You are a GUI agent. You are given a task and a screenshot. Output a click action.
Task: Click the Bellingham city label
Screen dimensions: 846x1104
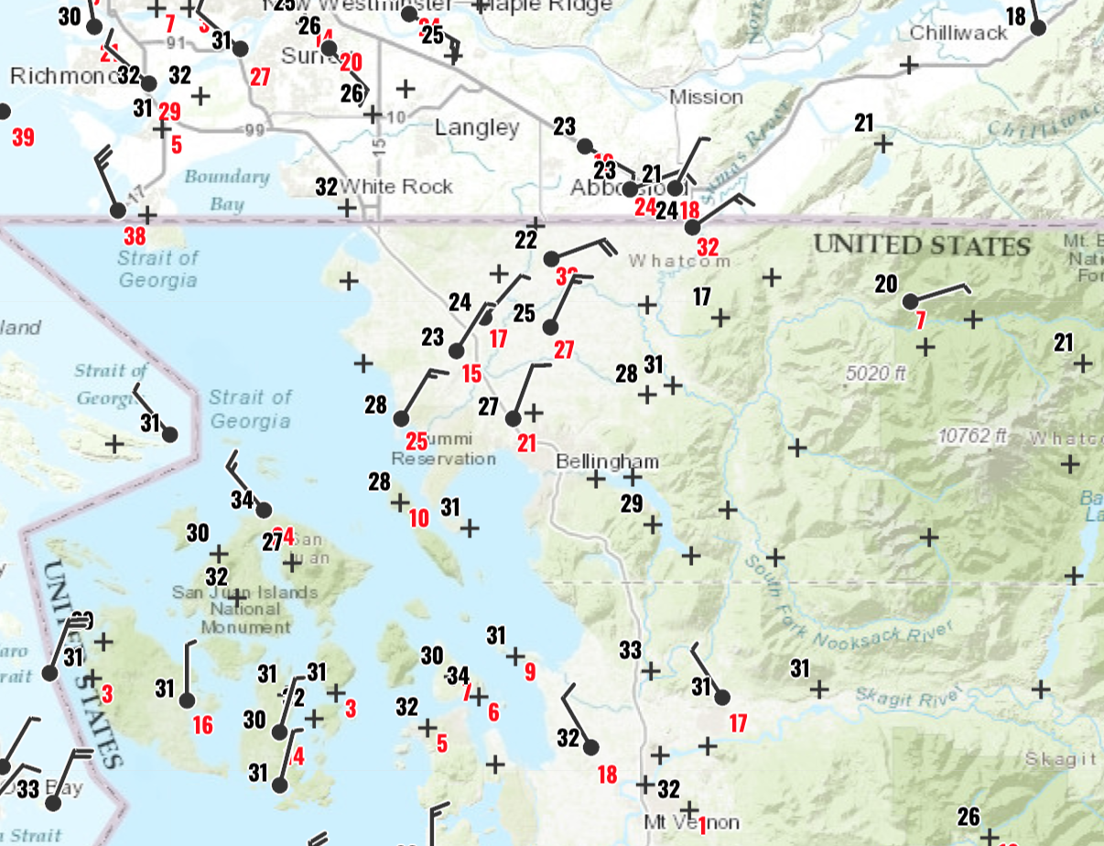pyautogui.click(x=607, y=461)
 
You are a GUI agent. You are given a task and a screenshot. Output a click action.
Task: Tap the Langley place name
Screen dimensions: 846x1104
pyautogui.click(x=477, y=127)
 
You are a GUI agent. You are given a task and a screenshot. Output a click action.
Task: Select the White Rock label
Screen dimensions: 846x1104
pyautogui.click(x=396, y=187)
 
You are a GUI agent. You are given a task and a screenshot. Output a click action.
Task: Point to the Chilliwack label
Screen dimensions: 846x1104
pyautogui.click(x=958, y=33)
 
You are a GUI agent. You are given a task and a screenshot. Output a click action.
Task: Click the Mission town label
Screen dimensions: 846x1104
pyautogui.click(x=706, y=97)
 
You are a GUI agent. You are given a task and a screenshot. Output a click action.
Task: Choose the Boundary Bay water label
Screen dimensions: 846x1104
pyautogui.click(x=226, y=190)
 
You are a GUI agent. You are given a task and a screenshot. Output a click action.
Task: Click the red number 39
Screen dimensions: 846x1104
pyautogui.click(x=23, y=138)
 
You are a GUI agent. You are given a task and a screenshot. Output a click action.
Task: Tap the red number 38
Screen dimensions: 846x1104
pyautogui.click(x=135, y=235)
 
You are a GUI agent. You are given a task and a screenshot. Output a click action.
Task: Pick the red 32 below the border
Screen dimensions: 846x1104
pyautogui.click(x=708, y=247)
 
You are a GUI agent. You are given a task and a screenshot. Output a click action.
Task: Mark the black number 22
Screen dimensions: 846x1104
pyautogui.click(x=525, y=240)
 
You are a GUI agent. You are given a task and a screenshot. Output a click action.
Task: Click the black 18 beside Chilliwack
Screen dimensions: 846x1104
pyautogui.click(x=1016, y=16)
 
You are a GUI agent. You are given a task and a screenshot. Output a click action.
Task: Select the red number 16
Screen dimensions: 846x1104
pyautogui.click(x=202, y=726)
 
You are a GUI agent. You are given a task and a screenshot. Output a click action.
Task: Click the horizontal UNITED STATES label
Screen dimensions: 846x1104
pyautogui.click(x=922, y=245)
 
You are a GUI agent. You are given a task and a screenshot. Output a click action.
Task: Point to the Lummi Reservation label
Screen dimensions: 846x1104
pyautogui.click(x=444, y=450)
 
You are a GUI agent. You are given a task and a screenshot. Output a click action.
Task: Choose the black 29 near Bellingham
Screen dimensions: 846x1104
pyautogui.click(x=632, y=503)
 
